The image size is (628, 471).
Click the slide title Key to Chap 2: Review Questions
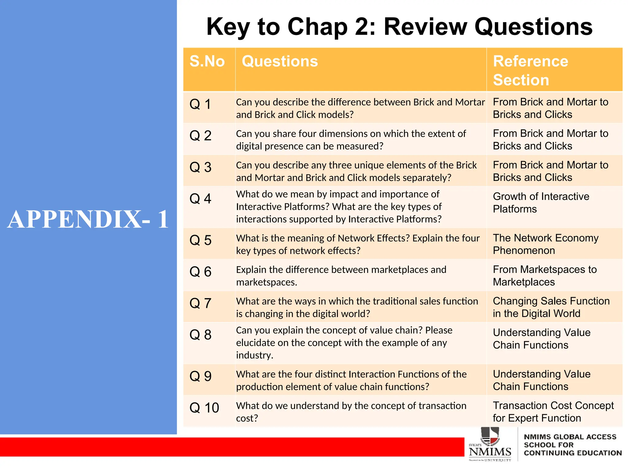[399, 27]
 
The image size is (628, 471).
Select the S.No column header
[207, 61]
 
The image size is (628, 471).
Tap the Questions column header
[280, 61]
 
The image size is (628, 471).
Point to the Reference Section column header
[530, 71]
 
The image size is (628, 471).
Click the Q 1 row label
[200, 104]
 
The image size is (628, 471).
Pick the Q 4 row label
[200, 199]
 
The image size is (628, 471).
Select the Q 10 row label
[204, 408]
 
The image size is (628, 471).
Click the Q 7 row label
[200, 303]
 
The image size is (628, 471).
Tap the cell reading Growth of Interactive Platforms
[541, 203]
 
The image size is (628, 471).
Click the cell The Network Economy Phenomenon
[546, 244]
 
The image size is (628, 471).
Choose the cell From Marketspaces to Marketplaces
[545, 276]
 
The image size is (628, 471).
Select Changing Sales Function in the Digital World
[551, 307]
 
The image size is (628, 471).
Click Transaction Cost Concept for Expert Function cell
[553, 412]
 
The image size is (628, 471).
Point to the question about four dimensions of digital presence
[350, 140]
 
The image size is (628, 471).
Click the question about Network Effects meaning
[358, 244]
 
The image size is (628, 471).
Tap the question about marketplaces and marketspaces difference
[341, 276]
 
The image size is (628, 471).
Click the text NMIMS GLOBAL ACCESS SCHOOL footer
[572, 445]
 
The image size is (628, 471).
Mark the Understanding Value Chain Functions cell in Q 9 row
[542, 380]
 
